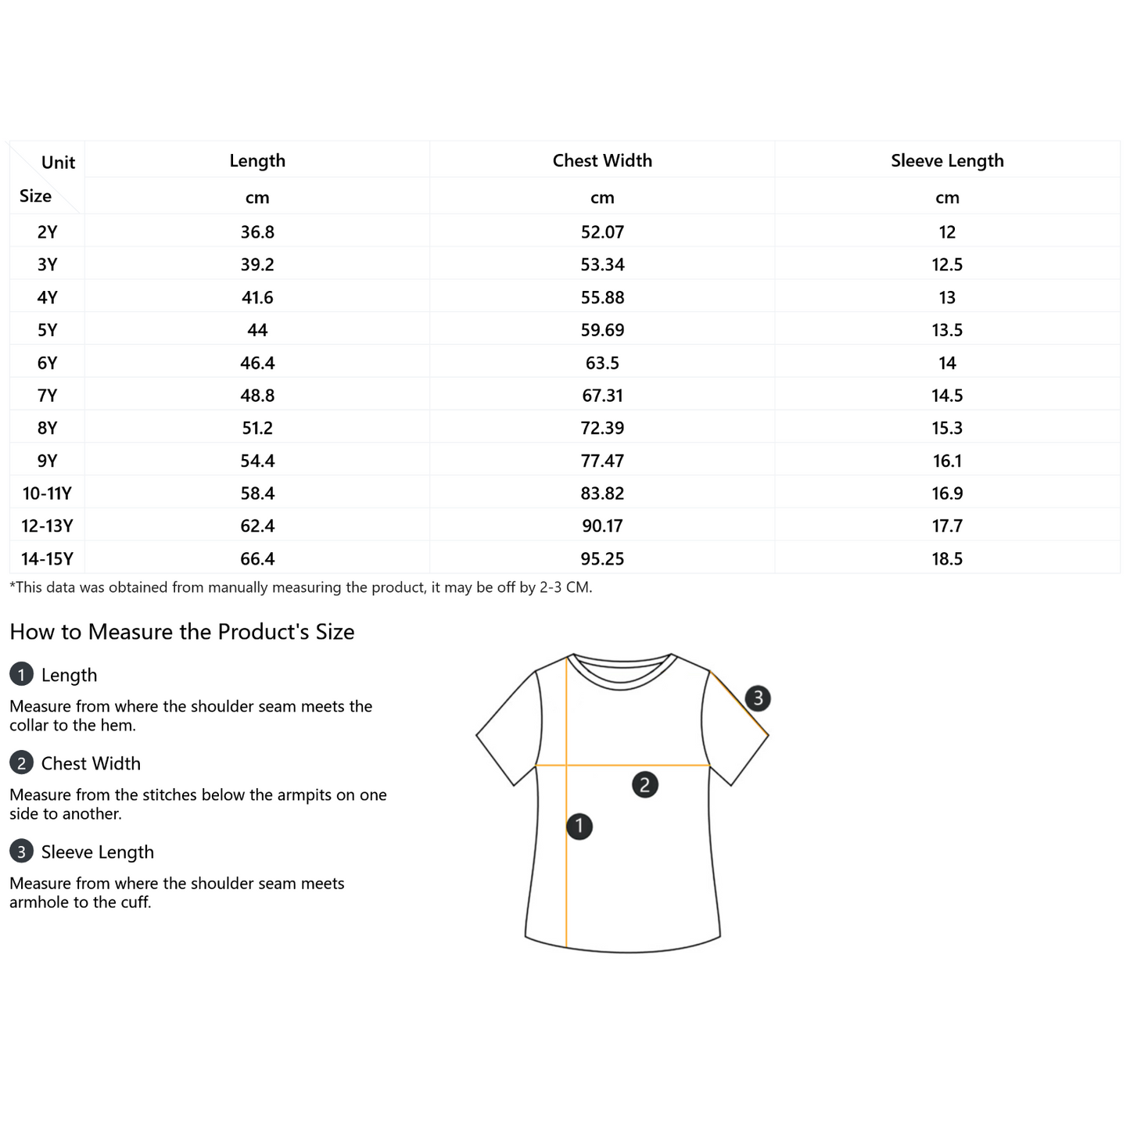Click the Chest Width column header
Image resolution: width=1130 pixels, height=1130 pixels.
click(602, 160)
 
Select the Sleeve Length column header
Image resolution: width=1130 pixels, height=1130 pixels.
click(947, 160)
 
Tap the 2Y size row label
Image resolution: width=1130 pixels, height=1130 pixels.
click(47, 232)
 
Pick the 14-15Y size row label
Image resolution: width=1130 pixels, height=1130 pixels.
click(47, 558)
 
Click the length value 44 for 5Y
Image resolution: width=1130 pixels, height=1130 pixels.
click(257, 330)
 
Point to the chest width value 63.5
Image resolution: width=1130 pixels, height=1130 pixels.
click(602, 363)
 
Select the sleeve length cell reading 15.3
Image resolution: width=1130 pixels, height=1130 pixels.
click(947, 428)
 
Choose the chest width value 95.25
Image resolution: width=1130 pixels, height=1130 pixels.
click(602, 558)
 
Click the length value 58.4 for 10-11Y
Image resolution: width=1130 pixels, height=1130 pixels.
click(257, 493)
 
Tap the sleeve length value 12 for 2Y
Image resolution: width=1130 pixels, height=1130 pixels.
click(947, 232)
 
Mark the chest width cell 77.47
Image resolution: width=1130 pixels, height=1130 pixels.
click(602, 461)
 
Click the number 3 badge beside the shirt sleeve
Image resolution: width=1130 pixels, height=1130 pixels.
click(758, 698)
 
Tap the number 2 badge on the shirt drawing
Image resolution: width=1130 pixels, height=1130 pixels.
click(645, 784)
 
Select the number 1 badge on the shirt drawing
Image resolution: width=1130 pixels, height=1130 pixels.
click(579, 826)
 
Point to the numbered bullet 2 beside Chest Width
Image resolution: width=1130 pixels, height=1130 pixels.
click(21, 762)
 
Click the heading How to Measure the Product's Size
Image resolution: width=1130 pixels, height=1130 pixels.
click(182, 632)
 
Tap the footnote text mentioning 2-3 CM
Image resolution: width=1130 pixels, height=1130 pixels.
click(300, 587)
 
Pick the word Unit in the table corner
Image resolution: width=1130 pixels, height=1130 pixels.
click(58, 163)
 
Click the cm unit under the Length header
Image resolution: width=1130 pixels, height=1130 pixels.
click(257, 198)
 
